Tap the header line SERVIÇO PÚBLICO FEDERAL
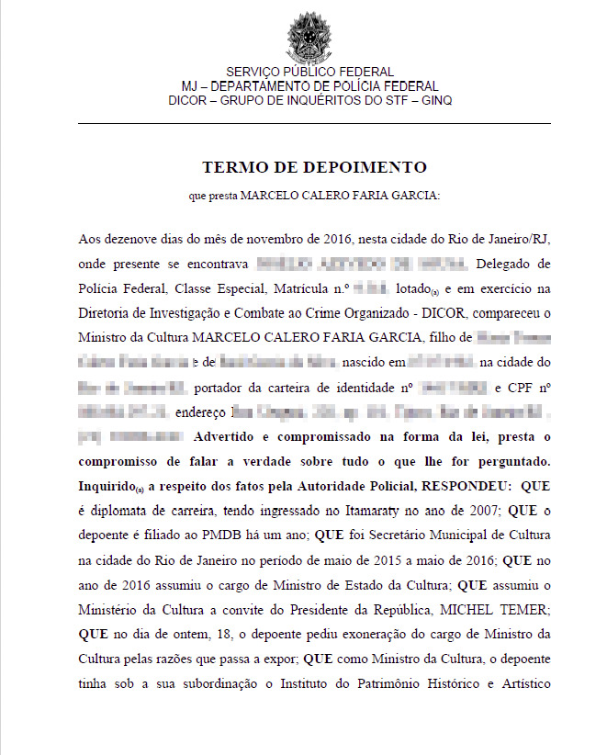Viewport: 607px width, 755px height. click(309, 72)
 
